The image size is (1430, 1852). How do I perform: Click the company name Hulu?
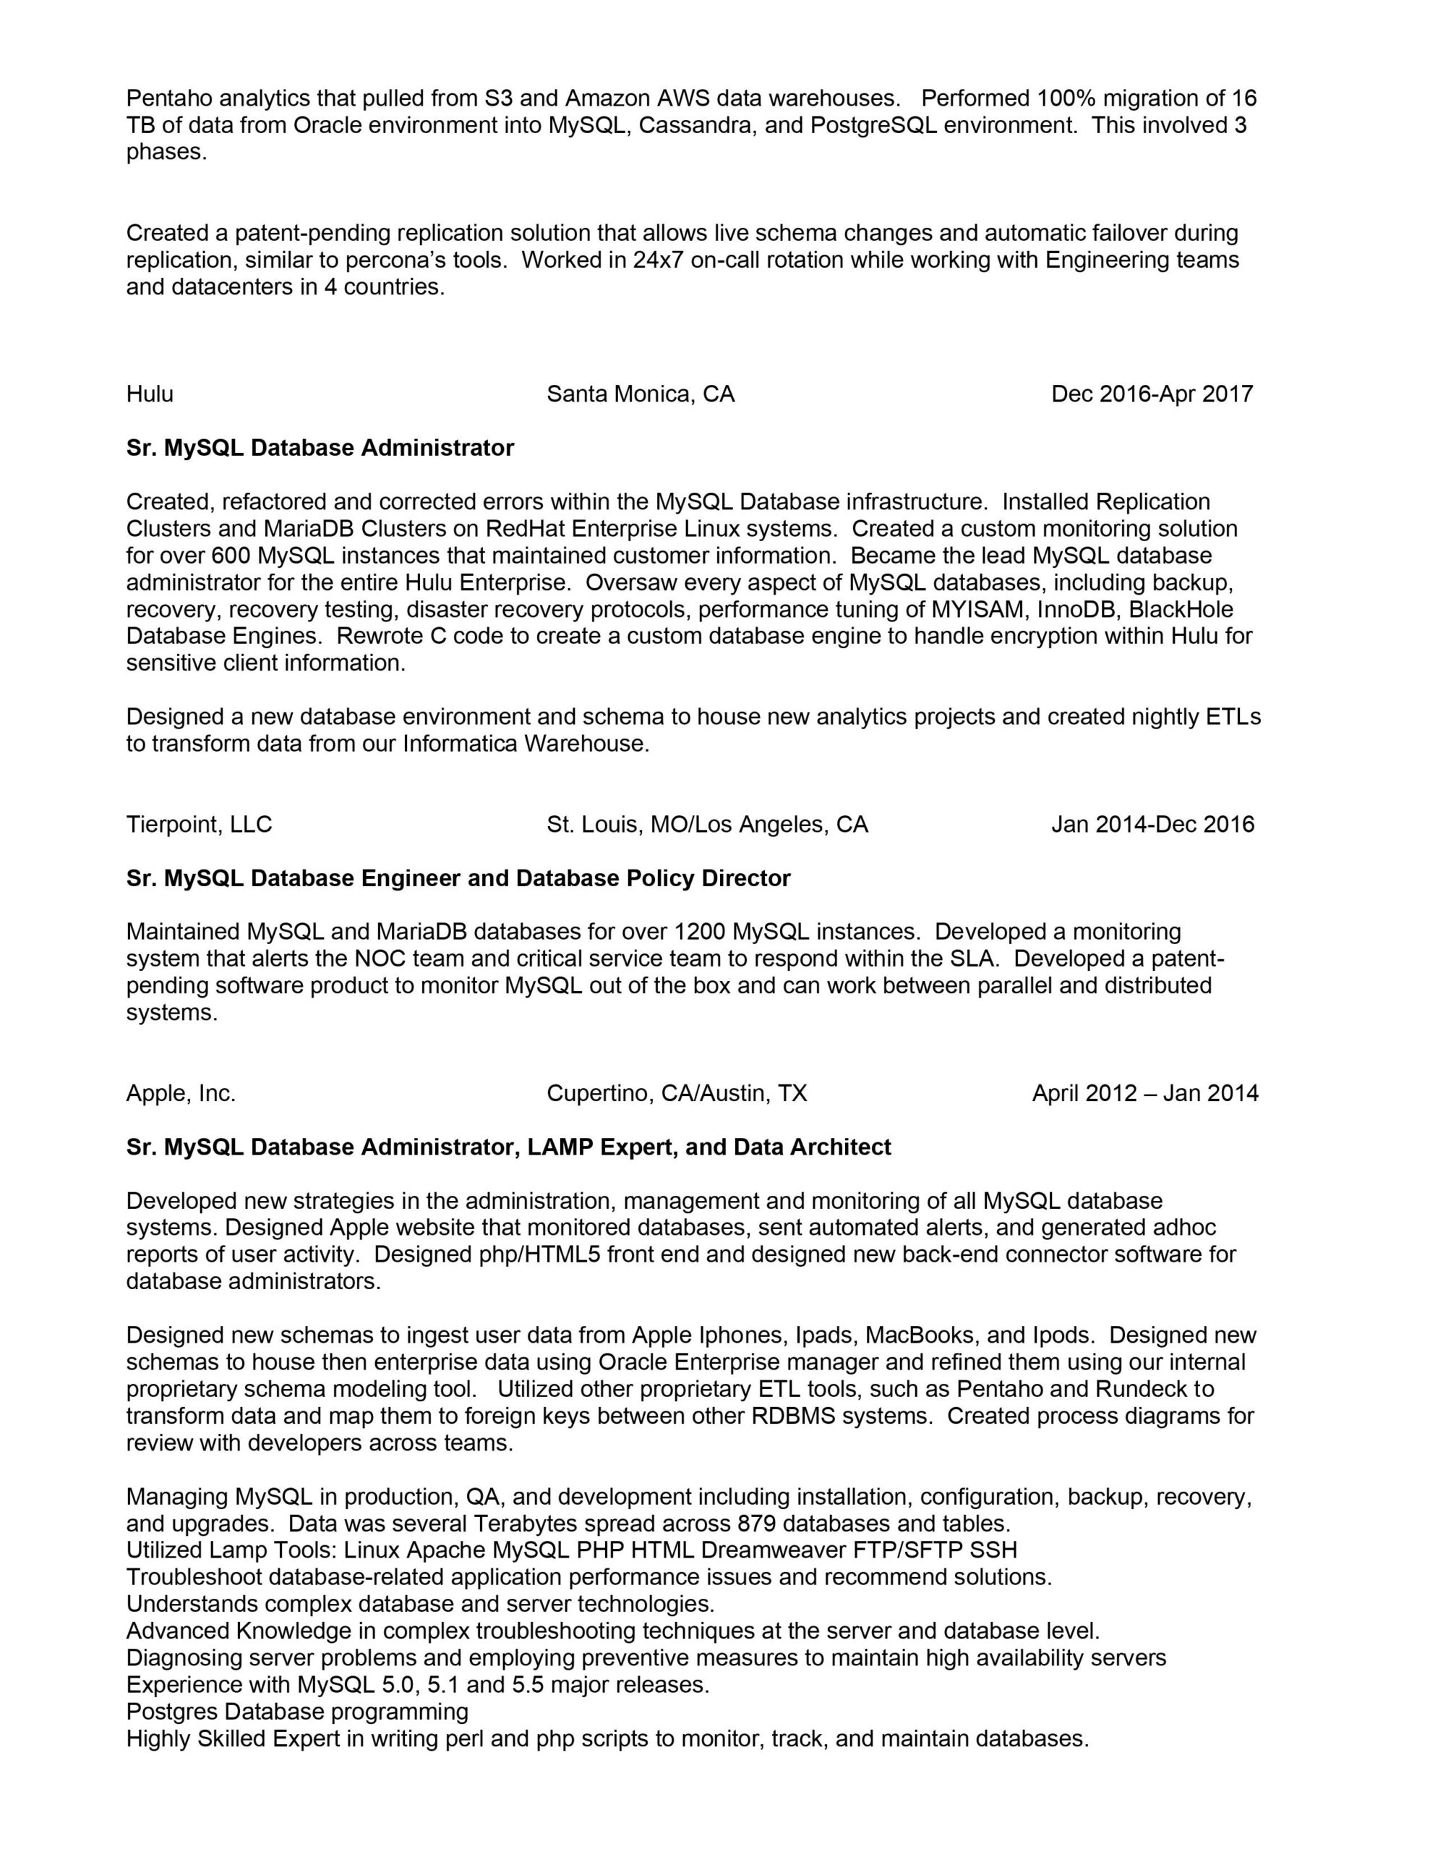point(150,394)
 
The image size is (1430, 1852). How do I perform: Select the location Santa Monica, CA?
point(640,394)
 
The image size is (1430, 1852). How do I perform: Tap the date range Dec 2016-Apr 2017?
point(1152,394)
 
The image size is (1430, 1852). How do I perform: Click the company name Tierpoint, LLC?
point(200,824)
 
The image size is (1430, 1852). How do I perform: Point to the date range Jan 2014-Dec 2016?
point(1153,824)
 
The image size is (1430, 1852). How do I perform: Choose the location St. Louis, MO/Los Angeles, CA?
point(707,824)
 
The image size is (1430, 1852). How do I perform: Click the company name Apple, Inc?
point(181,1094)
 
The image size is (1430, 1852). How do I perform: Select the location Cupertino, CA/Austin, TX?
point(677,1094)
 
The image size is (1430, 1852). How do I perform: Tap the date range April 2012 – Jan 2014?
point(1144,1094)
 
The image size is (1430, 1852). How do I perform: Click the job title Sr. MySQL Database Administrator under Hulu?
point(320,448)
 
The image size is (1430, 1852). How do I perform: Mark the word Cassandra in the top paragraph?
point(693,125)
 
